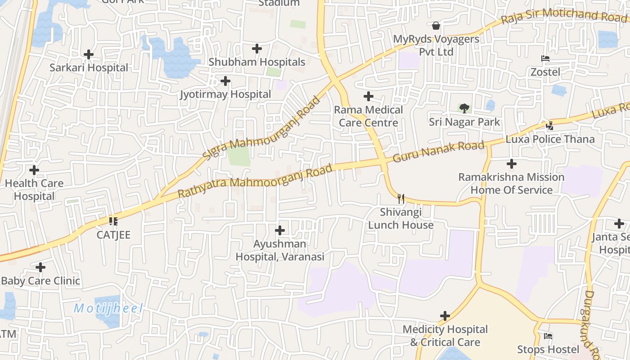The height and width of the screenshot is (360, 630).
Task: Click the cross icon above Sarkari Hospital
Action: [x=89, y=54]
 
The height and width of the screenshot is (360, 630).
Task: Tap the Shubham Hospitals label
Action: [x=257, y=62]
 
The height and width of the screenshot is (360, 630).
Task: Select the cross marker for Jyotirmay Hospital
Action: [x=225, y=81]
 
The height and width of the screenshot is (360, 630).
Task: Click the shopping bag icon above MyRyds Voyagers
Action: [x=436, y=26]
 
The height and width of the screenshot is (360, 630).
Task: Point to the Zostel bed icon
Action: [x=545, y=58]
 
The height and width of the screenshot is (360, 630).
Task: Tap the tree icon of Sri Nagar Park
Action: [x=464, y=108]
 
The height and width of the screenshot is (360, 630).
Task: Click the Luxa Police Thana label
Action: [x=550, y=139]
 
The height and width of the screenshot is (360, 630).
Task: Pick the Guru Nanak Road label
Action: [x=438, y=152]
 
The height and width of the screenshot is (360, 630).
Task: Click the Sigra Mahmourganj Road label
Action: [x=261, y=128]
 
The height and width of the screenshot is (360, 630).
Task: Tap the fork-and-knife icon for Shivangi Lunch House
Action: [x=401, y=198]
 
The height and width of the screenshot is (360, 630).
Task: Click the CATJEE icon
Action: [x=113, y=221]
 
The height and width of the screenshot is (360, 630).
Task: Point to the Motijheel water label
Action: [x=108, y=309]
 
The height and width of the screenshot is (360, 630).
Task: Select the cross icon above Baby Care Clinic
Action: [x=40, y=267]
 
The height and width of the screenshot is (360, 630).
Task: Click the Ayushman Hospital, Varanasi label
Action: [x=280, y=251]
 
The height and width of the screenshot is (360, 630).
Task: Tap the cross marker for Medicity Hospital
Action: [x=445, y=316]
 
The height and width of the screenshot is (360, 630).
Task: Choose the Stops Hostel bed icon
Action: [x=548, y=336]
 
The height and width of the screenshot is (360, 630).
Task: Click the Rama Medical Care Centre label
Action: [x=369, y=116]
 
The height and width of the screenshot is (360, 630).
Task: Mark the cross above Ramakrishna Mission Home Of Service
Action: [x=512, y=164]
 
